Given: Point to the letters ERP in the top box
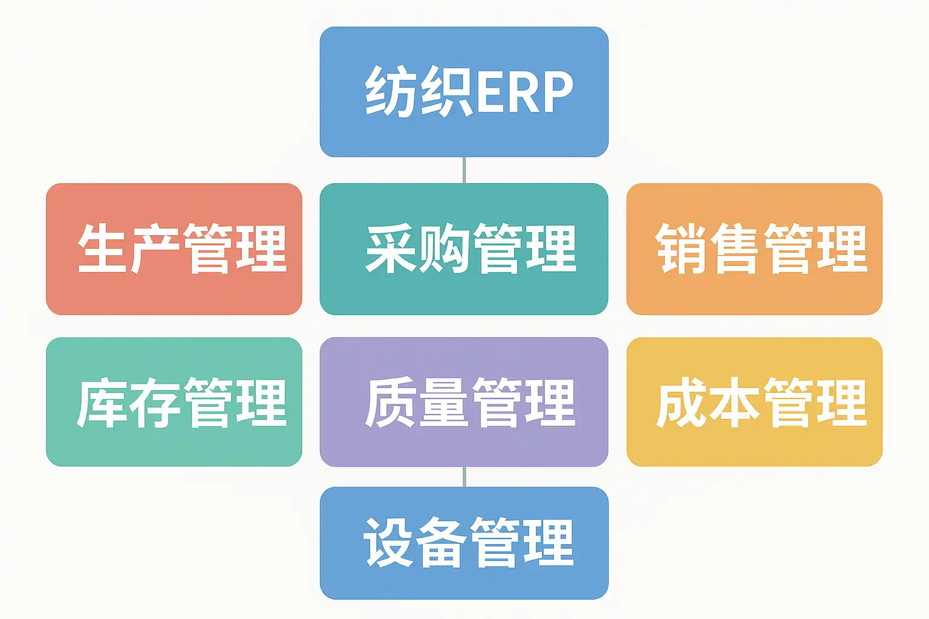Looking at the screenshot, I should (524, 92).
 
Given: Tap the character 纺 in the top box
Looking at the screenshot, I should (391, 91).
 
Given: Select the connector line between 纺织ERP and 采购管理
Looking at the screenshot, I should (464, 170).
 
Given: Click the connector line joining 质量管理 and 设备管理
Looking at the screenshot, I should (464, 476).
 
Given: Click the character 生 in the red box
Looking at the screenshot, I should (102, 248).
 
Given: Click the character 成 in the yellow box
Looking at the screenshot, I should (681, 403).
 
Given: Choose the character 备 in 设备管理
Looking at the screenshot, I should (442, 543).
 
